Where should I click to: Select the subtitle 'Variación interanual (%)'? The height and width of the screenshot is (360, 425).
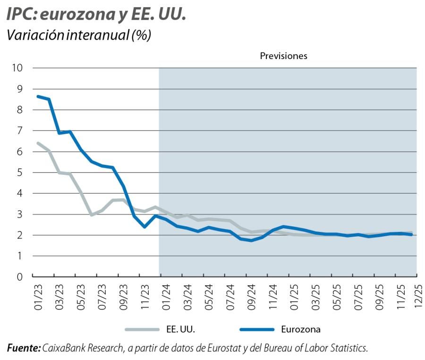click(x=78, y=35)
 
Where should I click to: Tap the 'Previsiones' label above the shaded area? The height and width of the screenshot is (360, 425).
click(x=283, y=56)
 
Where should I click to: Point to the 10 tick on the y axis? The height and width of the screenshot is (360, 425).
click(x=17, y=68)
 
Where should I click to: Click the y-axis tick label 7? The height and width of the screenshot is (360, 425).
click(x=20, y=131)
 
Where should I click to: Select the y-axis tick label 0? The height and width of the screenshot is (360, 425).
click(x=20, y=277)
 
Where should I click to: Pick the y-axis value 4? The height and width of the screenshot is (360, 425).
click(x=20, y=193)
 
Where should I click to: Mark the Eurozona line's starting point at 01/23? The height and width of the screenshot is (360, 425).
click(x=38, y=96)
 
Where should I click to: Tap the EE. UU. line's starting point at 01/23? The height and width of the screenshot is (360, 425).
click(x=38, y=143)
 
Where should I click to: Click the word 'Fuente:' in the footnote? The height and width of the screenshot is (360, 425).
click(x=24, y=349)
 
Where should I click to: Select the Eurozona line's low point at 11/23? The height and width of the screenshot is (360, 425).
click(x=144, y=227)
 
